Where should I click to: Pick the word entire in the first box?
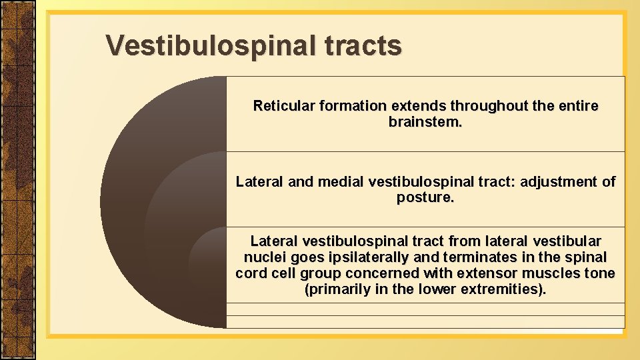pos(577,106)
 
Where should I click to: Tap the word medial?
pos(340,182)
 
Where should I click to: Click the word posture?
pos(425,198)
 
